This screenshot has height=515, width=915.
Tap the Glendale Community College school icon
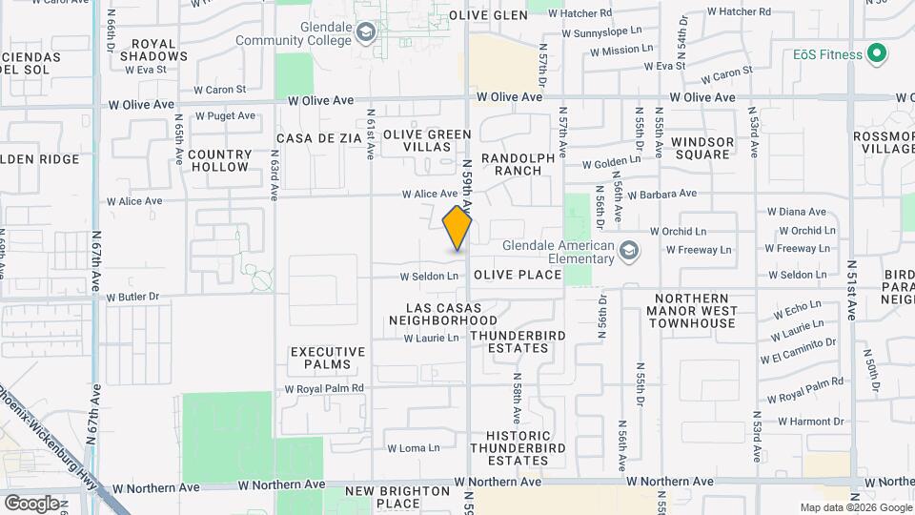point(365,35)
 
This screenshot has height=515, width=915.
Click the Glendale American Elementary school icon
point(628,251)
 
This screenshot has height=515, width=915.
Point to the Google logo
point(31,503)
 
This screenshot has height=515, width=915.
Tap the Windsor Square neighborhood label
point(702,148)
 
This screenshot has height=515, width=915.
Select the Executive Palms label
point(328,358)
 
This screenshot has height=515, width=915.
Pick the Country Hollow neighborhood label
point(220,160)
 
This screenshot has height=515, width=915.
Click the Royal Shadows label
point(160,50)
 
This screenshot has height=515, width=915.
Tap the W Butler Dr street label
point(132,298)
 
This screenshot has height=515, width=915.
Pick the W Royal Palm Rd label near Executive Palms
point(324,389)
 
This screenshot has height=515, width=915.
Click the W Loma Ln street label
point(413,447)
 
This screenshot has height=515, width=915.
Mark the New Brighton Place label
point(397,497)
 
